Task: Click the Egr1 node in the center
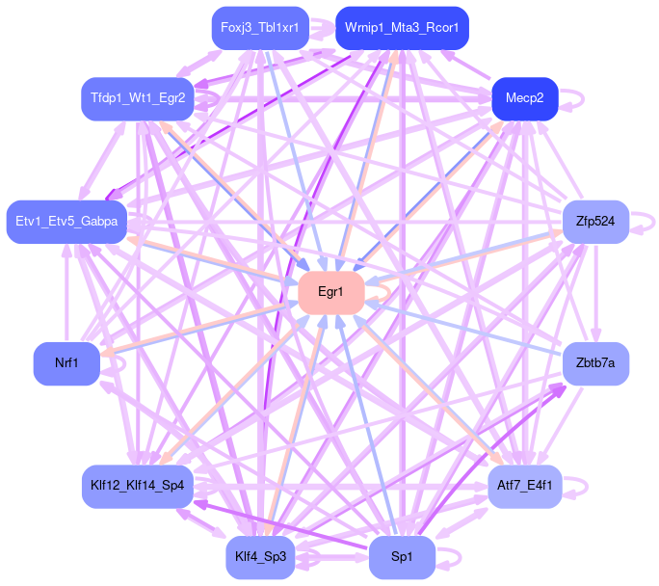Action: coord(330,292)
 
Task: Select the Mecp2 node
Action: coord(525,98)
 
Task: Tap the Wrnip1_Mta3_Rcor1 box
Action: coord(402,28)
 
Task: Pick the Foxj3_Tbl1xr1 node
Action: coord(259,28)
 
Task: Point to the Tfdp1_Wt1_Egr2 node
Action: coord(138,98)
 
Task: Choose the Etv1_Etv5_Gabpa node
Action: coord(66,222)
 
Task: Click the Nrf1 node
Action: coord(66,363)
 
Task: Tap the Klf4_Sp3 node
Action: coord(259,557)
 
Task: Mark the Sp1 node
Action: coord(402,557)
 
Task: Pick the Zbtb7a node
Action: coord(595,363)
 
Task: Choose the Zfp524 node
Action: coord(595,222)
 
